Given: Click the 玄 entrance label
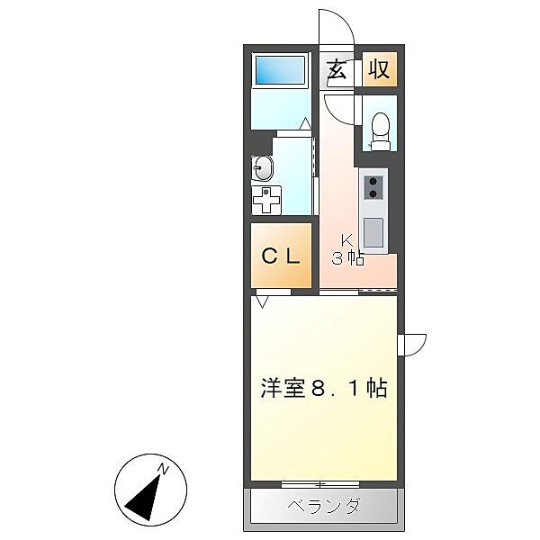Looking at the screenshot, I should (x=337, y=70).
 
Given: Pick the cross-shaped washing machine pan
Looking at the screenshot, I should (x=266, y=200).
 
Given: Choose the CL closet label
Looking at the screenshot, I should (x=281, y=256).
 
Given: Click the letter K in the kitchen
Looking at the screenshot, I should (x=346, y=240).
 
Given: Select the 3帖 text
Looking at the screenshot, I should (x=347, y=259).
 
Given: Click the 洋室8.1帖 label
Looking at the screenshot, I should (x=324, y=389).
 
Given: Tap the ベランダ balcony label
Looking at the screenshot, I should (x=323, y=507).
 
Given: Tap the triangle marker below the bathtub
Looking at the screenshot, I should (x=305, y=122).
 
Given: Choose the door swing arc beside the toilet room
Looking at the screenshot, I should (x=341, y=112).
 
